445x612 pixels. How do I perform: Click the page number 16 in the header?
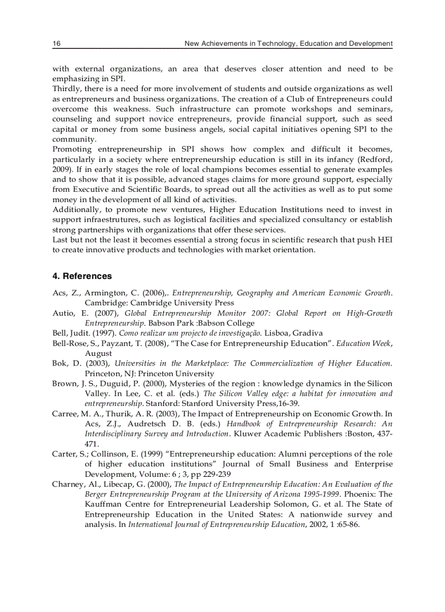[x=56, y=43]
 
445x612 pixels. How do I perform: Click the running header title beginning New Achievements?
[x=288, y=43]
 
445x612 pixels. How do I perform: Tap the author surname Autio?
[x=63, y=313]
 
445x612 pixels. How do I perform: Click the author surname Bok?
[x=59, y=363]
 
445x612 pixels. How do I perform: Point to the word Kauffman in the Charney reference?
[x=104, y=504]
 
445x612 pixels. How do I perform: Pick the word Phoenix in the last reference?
[x=362, y=494]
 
